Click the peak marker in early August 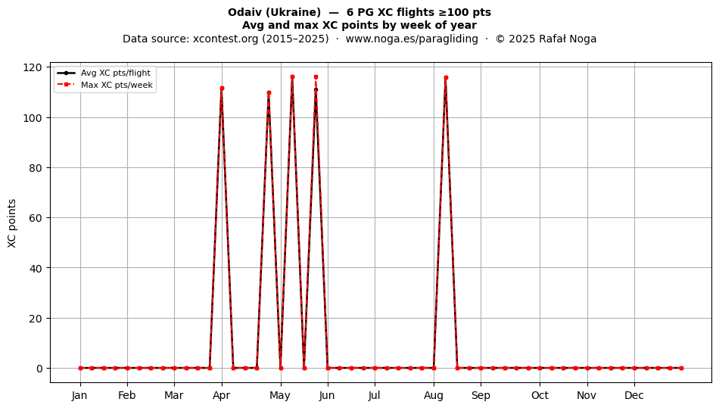pyautogui.click(x=446, y=78)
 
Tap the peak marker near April pyautogui.click(x=222, y=88)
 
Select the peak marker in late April pyautogui.click(x=269, y=92)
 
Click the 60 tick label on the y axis pyautogui.click(x=36, y=218)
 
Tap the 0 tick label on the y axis pyautogui.click(x=39, y=368)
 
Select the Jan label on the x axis pyautogui.click(x=79, y=395)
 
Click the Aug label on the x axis pyautogui.click(x=434, y=395)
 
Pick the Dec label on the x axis pyautogui.click(x=634, y=395)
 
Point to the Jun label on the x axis pyautogui.click(x=327, y=395)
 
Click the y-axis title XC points pyautogui.click(x=12, y=224)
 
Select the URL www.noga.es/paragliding pyautogui.click(x=412, y=39)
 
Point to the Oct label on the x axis pyautogui.click(x=540, y=395)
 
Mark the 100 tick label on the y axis pyautogui.click(x=32, y=118)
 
